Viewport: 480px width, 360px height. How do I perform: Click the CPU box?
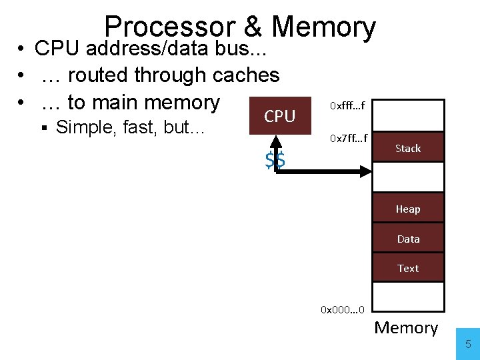pos(280,117)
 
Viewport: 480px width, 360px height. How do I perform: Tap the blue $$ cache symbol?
pos(275,160)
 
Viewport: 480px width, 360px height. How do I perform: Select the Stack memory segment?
pos(408,148)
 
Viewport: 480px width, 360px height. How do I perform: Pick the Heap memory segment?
pos(408,209)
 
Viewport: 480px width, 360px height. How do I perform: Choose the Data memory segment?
pos(408,239)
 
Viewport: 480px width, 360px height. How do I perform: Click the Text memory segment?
pos(408,268)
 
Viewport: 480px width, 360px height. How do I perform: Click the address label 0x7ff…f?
pos(347,139)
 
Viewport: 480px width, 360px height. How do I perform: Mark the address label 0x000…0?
pos(342,309)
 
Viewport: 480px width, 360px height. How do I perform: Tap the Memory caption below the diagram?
pos(406,327)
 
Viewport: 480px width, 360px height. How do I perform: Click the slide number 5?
pos(468,345)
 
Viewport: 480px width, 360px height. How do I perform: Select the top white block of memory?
pos(408,115)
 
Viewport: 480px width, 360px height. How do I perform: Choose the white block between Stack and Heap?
pos(408,178)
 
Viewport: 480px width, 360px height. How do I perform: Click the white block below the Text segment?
pos(408,297)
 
